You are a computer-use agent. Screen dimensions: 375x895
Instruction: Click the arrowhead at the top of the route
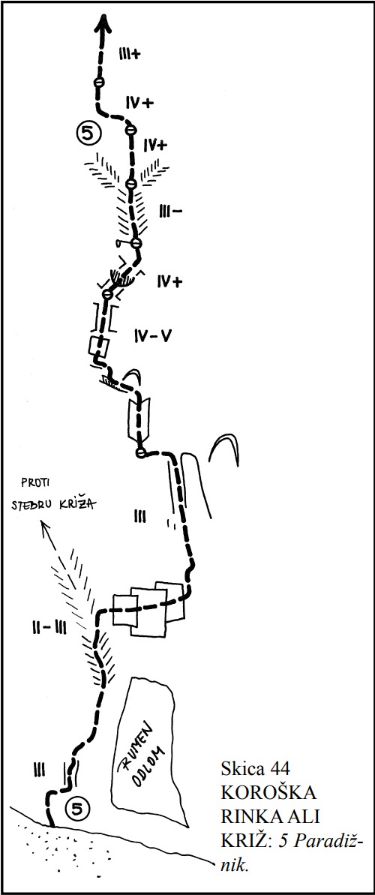103,25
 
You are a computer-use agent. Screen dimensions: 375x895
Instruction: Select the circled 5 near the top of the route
88,134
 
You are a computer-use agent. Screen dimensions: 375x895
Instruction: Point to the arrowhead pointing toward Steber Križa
44,526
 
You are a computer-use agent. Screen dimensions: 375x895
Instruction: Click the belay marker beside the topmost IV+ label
130,130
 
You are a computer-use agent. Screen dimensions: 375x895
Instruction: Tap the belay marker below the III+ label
99,83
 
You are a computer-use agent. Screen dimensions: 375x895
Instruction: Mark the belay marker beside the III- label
135,244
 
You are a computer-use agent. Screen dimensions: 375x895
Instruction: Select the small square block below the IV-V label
100,346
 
